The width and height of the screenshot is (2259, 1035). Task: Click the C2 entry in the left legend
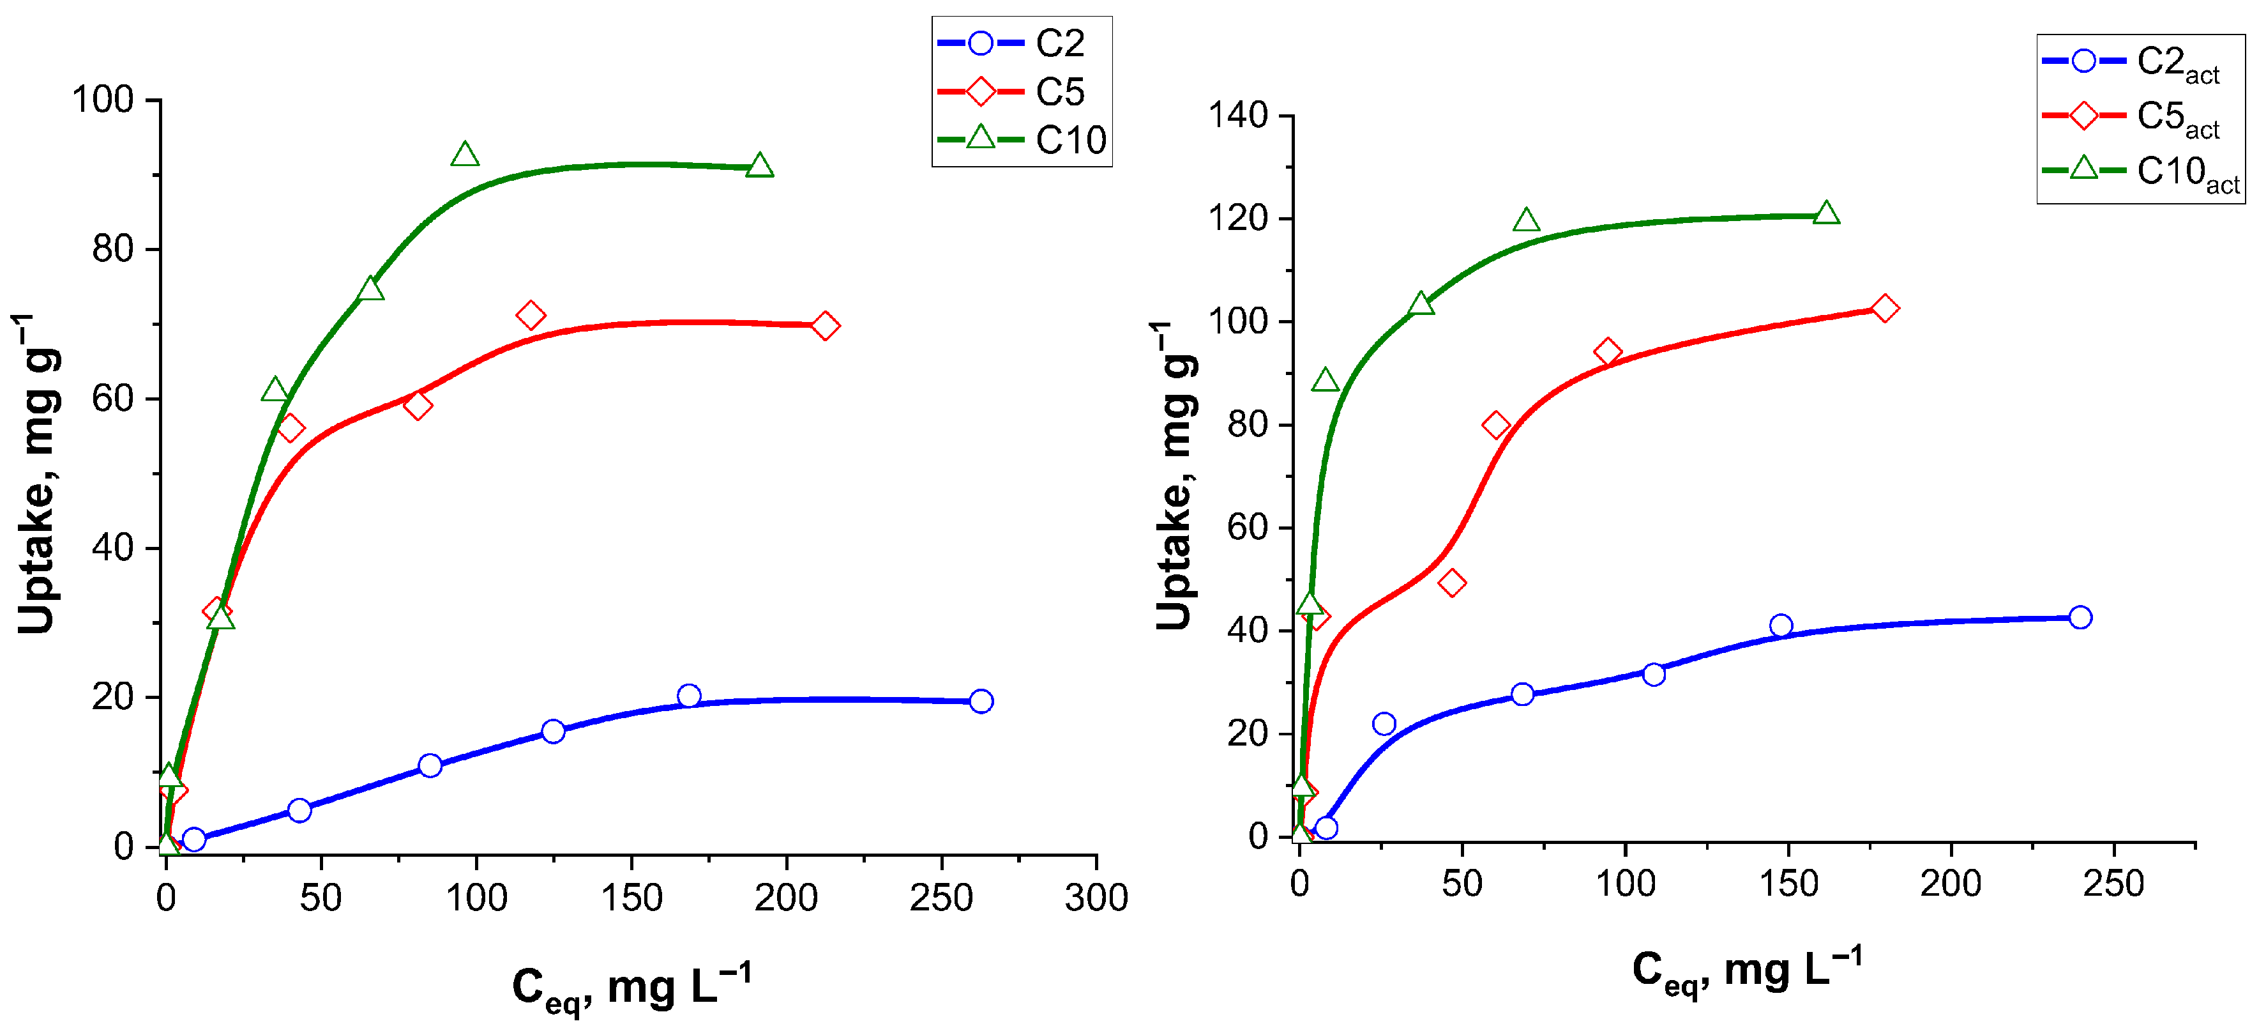click(x=1022, y=43)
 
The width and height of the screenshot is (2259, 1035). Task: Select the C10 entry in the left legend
click(x=1022, y=139)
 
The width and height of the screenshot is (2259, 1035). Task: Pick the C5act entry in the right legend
click(x=2140, y=117)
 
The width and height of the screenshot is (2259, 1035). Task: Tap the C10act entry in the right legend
click(x=2140, y=172)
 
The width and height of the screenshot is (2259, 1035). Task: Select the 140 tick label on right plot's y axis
click(x=1237, y=115)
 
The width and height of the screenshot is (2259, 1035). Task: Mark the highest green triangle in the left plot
click(x=465, y=155)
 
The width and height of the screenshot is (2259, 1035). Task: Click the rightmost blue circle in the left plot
click(x=981, y=701)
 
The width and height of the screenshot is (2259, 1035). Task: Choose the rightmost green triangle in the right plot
click(x=1826, y=213)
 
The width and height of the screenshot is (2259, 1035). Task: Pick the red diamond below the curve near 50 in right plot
click(x=1452, y=583)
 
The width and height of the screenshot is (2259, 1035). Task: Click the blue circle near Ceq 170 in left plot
click(x=690, y=696)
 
